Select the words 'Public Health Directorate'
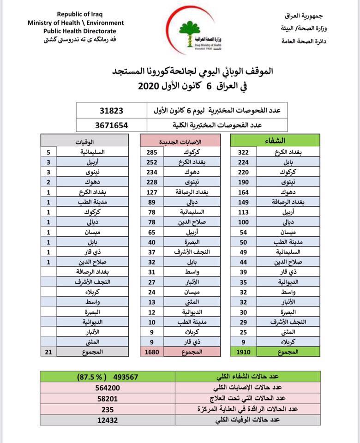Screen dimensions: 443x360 point(75,31)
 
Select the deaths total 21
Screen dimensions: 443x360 point(49,352)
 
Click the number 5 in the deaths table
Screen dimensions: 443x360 point(49,152)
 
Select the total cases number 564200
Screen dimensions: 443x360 point(110,388)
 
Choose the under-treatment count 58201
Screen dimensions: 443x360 point(110,398)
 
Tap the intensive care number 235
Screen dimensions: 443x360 point(110,409)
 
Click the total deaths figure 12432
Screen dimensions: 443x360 point(110,419)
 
